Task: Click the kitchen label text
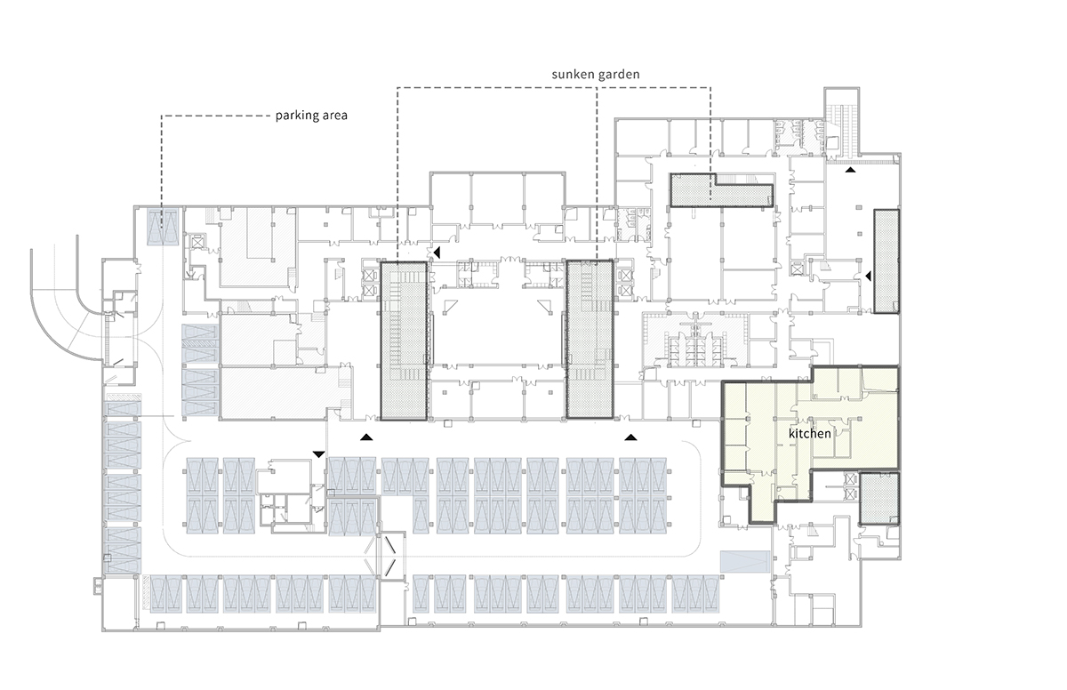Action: (809, 434)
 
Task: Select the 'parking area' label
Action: (311, 116)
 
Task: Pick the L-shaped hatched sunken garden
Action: (720, 189)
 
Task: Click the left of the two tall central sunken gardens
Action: (405, 340)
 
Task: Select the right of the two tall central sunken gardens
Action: (590, 339)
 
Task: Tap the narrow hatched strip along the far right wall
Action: (886, 260)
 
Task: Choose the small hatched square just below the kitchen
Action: (879, 498)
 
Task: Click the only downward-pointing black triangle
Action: (318, 454)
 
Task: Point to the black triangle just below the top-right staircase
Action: (851, 168)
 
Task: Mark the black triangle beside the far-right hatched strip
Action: (868, 277)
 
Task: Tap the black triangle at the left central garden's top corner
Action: (435, 253)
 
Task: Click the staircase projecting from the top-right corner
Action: (839, 120)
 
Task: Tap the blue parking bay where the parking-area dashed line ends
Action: (162, 228)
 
